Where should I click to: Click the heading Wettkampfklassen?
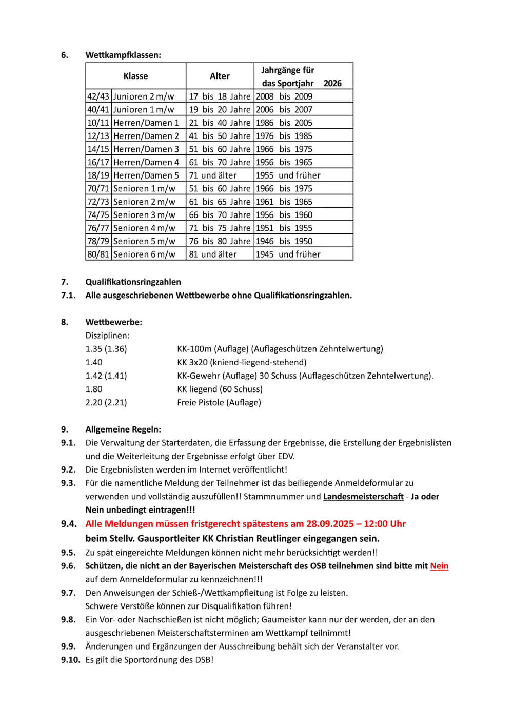point(123,55)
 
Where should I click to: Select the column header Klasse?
point(135,76)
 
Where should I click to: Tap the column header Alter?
point(220,76)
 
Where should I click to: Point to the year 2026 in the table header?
point(332,83)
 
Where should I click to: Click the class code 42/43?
point(98,96)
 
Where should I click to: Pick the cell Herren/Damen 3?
point(146,149)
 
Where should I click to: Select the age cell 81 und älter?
point(213,254)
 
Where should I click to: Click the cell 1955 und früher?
point(288,175)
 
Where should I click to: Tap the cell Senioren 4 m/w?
point(144,228)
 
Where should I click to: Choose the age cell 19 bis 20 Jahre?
point(220,110)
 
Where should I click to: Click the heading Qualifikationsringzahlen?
point(133,282)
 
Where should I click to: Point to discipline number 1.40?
point(94,362)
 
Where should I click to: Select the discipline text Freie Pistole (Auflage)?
point(219,403)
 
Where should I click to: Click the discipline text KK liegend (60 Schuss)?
point(220,389)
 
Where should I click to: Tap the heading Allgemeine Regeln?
point(123,429)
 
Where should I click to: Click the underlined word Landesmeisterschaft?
point(363,497)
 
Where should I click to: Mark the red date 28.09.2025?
point(330,524)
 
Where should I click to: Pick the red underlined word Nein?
point(439,566)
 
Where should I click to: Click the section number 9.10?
point(70,660)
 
